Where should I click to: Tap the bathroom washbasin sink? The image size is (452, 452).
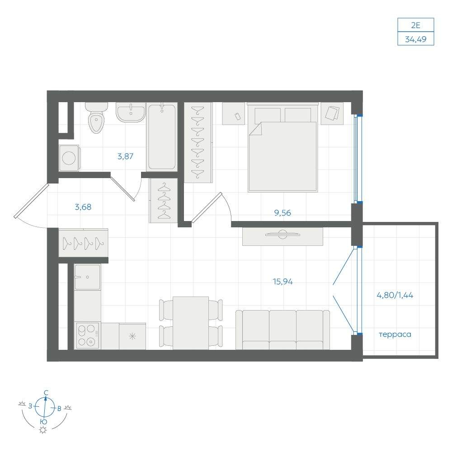[x=131, y=112]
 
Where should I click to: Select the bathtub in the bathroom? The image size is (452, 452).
[x=161, y=137]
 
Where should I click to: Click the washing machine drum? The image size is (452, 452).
[x=69, y=158]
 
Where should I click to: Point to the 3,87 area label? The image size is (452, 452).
[x=125, y=156]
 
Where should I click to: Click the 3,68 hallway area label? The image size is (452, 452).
[x=83, y=207]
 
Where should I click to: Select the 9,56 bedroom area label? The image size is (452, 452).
[x=282, y=213]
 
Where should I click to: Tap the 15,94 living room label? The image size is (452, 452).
[x=282, y=281]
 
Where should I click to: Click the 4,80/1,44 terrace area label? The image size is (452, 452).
[x=395, y=295]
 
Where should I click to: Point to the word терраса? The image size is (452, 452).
[x=395, y=334]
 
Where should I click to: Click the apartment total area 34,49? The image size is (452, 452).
[x=416, y=39]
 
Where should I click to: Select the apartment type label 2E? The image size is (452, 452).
[x=416, y=25]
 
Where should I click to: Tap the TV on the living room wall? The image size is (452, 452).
[x=282, y=234]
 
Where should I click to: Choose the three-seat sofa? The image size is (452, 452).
[x=282, y=330]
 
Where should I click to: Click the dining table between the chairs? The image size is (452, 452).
[x=191, y=323]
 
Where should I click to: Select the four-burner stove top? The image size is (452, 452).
[x=87, y=335]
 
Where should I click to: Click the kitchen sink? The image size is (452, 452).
[x=87, y=278]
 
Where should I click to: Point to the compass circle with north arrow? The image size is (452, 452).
[x=45, y=407]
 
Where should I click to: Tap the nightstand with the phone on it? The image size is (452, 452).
[x=234, y=113]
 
